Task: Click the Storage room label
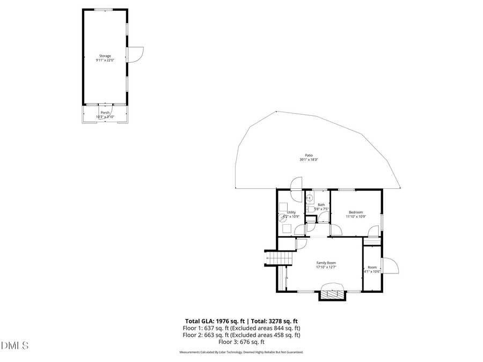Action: [x=105, y=56]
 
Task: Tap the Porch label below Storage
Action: [x=105, y=113]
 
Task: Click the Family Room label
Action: [x=326, y=263]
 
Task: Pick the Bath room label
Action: [x=321, y=205]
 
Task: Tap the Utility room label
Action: [x=291, y=212]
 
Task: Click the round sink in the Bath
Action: [x=310, y=198]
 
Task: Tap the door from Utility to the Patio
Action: [x=296, y=183]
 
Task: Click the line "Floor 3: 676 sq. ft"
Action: [x=241, y=342]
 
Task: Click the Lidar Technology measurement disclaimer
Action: [x=241, y=352]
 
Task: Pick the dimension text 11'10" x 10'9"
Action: [x=356, y=217]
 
